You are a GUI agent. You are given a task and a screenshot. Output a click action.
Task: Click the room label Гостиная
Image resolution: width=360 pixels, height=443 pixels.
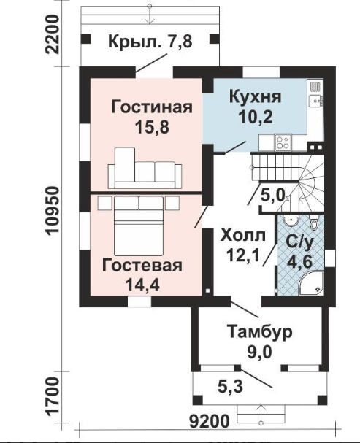[x=152, y=107]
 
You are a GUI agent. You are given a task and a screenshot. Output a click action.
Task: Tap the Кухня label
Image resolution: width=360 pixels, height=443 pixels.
[x=255, y=97]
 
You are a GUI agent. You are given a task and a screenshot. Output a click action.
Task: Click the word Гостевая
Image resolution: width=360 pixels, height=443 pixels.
[x=142, y=266]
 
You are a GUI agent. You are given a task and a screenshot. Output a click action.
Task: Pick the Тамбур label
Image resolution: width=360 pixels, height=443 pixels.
[x=259, y=332]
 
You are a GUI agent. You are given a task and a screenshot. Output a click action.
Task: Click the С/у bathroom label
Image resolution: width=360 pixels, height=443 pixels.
[x=299, y=242]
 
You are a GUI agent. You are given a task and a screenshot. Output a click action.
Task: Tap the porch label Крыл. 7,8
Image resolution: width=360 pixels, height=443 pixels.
[x=150, y=42]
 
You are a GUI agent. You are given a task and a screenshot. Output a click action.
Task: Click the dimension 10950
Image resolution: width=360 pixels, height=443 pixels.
[x=53, y=210]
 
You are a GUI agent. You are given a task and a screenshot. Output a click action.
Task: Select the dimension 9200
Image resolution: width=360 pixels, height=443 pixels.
[x=209, y=422]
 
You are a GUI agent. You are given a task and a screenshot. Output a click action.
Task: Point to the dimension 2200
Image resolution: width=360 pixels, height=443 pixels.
[x=53, y=34]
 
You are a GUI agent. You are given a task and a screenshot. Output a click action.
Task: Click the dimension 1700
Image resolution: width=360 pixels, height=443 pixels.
[x=53, y=397]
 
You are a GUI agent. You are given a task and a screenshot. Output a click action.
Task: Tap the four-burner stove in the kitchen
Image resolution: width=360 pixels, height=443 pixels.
[x=283, y=142]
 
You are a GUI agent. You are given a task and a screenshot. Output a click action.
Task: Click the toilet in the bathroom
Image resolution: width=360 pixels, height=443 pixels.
[x=314, y=223]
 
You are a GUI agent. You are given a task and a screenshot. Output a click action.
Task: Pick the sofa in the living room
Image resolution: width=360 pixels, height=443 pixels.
[x=145, y=168]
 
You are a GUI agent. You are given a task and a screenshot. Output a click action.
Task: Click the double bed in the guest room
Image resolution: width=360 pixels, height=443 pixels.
[x=139, y=226]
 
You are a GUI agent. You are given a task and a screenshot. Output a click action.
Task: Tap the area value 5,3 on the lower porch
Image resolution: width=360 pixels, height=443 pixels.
[x=230, y=386]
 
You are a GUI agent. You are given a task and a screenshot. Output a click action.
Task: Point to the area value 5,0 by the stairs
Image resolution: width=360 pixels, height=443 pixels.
[x=272, y=195]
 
